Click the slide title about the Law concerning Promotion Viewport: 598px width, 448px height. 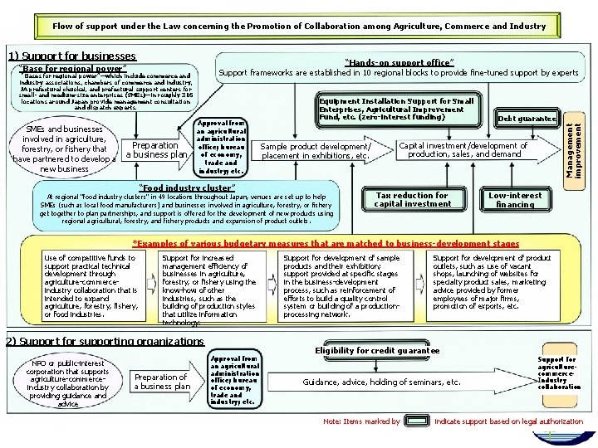[299, 26]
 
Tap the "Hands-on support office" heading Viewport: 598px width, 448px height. [398, 62]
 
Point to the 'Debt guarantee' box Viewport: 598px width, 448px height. [526, 119]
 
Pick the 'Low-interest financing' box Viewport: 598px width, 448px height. [514, 199]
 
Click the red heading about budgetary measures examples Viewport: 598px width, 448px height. [326, 244]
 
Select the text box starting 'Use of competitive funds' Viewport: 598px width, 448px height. [92, 286]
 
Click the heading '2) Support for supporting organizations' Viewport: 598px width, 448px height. [105, 341]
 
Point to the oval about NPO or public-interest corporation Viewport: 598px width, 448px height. [55, 382]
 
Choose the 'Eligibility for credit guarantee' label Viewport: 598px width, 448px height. [377, 351]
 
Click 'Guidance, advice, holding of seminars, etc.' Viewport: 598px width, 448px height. [381, 382]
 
